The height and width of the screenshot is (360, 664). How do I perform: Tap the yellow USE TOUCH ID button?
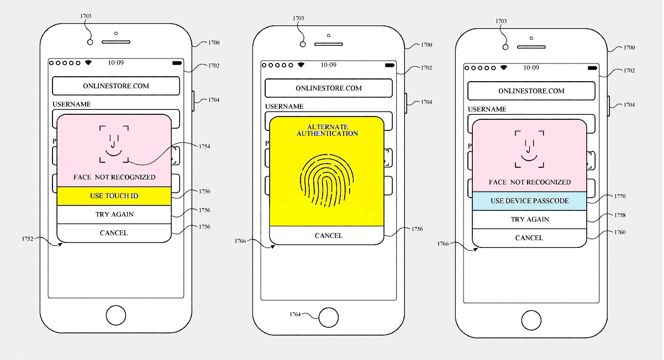(x=114, y=196)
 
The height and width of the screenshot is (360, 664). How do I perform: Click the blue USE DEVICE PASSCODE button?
(x=529, y=201)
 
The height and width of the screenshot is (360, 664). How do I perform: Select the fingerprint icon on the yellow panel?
(x=327, y=180)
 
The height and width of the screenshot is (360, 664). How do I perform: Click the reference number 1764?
(x=295, y=314)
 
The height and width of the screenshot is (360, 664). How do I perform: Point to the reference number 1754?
(x=204, y=146)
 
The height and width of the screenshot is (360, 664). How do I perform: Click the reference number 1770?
(x=620, y=197)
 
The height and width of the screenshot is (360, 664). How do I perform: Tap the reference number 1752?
(x=27, y=239)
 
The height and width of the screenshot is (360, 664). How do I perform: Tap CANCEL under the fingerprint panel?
(x=329, y=236)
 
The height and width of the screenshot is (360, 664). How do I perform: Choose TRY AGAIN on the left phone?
(x=114, y=214)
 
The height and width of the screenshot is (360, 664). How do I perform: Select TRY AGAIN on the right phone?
(x=530, y=219)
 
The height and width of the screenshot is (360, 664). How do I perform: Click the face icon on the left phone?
(x=114, y=144)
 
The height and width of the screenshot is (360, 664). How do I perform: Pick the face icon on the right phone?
(x=529, y=149)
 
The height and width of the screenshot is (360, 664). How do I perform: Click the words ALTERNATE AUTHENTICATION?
(x=327, y=130)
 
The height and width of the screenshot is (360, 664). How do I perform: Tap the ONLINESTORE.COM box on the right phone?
(x=531, y=91)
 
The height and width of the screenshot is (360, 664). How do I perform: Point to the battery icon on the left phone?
(x=177, y=63)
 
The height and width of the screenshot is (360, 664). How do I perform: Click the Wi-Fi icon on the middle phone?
(x=301, y=65)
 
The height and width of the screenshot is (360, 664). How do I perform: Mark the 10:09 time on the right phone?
(x=531, y=68)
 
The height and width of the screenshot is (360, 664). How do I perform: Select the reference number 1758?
(x=620, y=215)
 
